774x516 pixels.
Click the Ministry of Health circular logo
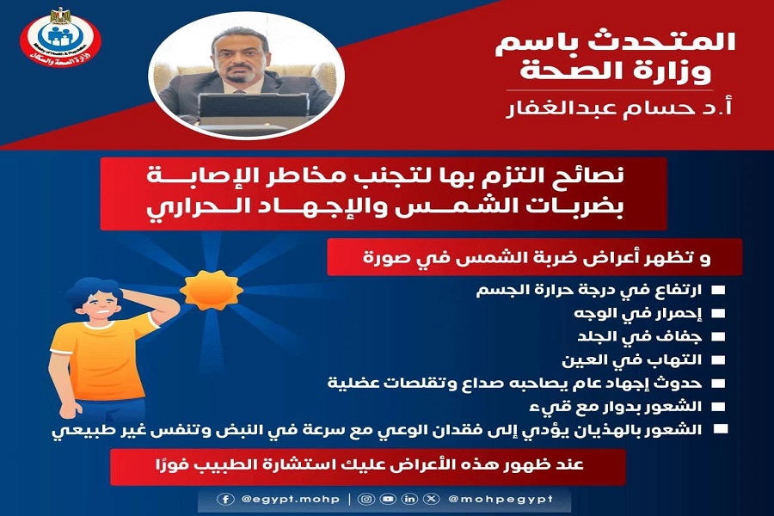click(60, 38)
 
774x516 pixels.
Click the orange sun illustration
click(212, 290)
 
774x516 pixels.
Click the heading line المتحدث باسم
click(615, 41)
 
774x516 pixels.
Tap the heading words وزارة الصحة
click(616, 71)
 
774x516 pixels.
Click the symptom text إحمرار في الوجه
click(637, 314)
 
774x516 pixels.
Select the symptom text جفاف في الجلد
click(639, 337)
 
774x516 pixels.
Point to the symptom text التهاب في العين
click(632, 360)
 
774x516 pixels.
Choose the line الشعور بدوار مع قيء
click(615, 407)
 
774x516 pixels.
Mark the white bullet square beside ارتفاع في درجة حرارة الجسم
click(718, 291)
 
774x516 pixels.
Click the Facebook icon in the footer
click(225, 499)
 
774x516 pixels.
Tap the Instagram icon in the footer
click(366, 499)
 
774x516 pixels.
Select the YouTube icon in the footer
click(388, 499)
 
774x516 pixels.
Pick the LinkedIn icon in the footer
click(409, 499)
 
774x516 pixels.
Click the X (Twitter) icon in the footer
click(432, 499)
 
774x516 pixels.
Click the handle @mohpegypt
click(501, 499)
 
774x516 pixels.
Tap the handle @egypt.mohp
click(291, 499)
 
